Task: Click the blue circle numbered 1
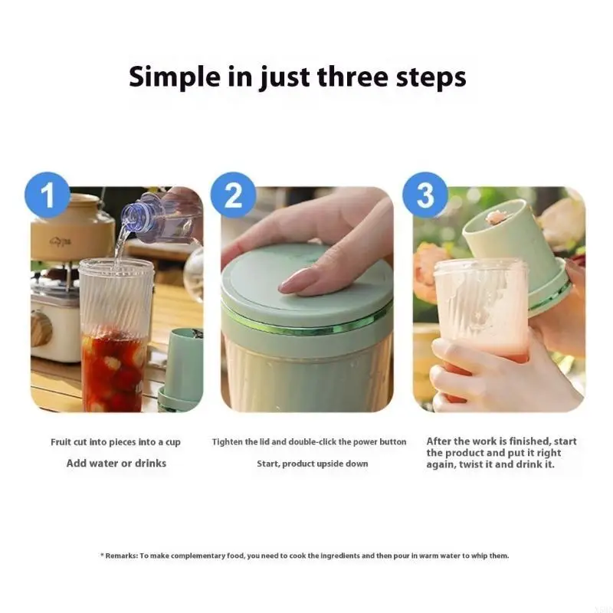pyautogui.click(x=48, y=195)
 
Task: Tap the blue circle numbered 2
pyautogui.click(x=233, y=195)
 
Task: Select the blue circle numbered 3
pyautogui.click(x=425, y=195)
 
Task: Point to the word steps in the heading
pyautogui.click(x=430, y=77)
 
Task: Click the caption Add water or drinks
pyautogui.click(x=116, y=463)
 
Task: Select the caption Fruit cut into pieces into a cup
pyautogui.click(x=116, y=442)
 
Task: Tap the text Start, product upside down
pyautogui.click(x=312, y=463)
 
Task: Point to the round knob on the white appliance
pyautogui.click(x=41, y=328)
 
